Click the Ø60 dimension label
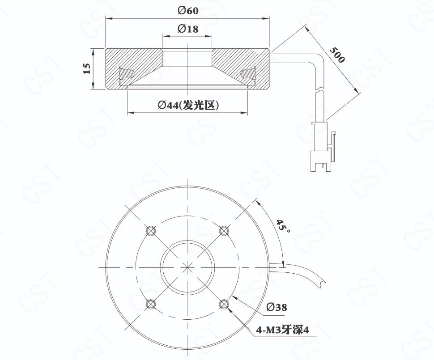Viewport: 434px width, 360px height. (x=188, y=11)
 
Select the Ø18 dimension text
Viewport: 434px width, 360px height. (x=188, y=29)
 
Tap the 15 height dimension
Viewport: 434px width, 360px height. (x=87, y=68)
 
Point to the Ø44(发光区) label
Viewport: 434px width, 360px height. (x=188, y=105)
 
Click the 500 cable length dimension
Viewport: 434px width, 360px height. (x=337, y=55)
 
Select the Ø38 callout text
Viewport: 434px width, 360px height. (x=277, y=307)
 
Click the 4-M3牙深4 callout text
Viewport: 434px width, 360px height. (x=283, y=330)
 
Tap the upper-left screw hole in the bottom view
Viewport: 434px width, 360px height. (x=150, y=230)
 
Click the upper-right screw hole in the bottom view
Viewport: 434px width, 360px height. (x=224, y=230)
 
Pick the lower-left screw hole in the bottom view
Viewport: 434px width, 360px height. (x=150, y=304)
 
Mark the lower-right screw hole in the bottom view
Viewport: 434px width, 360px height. (x=224, y=304)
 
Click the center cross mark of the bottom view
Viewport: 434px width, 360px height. (x=187, y=267)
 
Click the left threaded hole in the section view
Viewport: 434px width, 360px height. (x=127, y=74)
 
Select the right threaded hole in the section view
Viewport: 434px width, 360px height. (x=248, y=74)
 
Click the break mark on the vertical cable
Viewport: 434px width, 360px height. (x=321, y=90)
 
